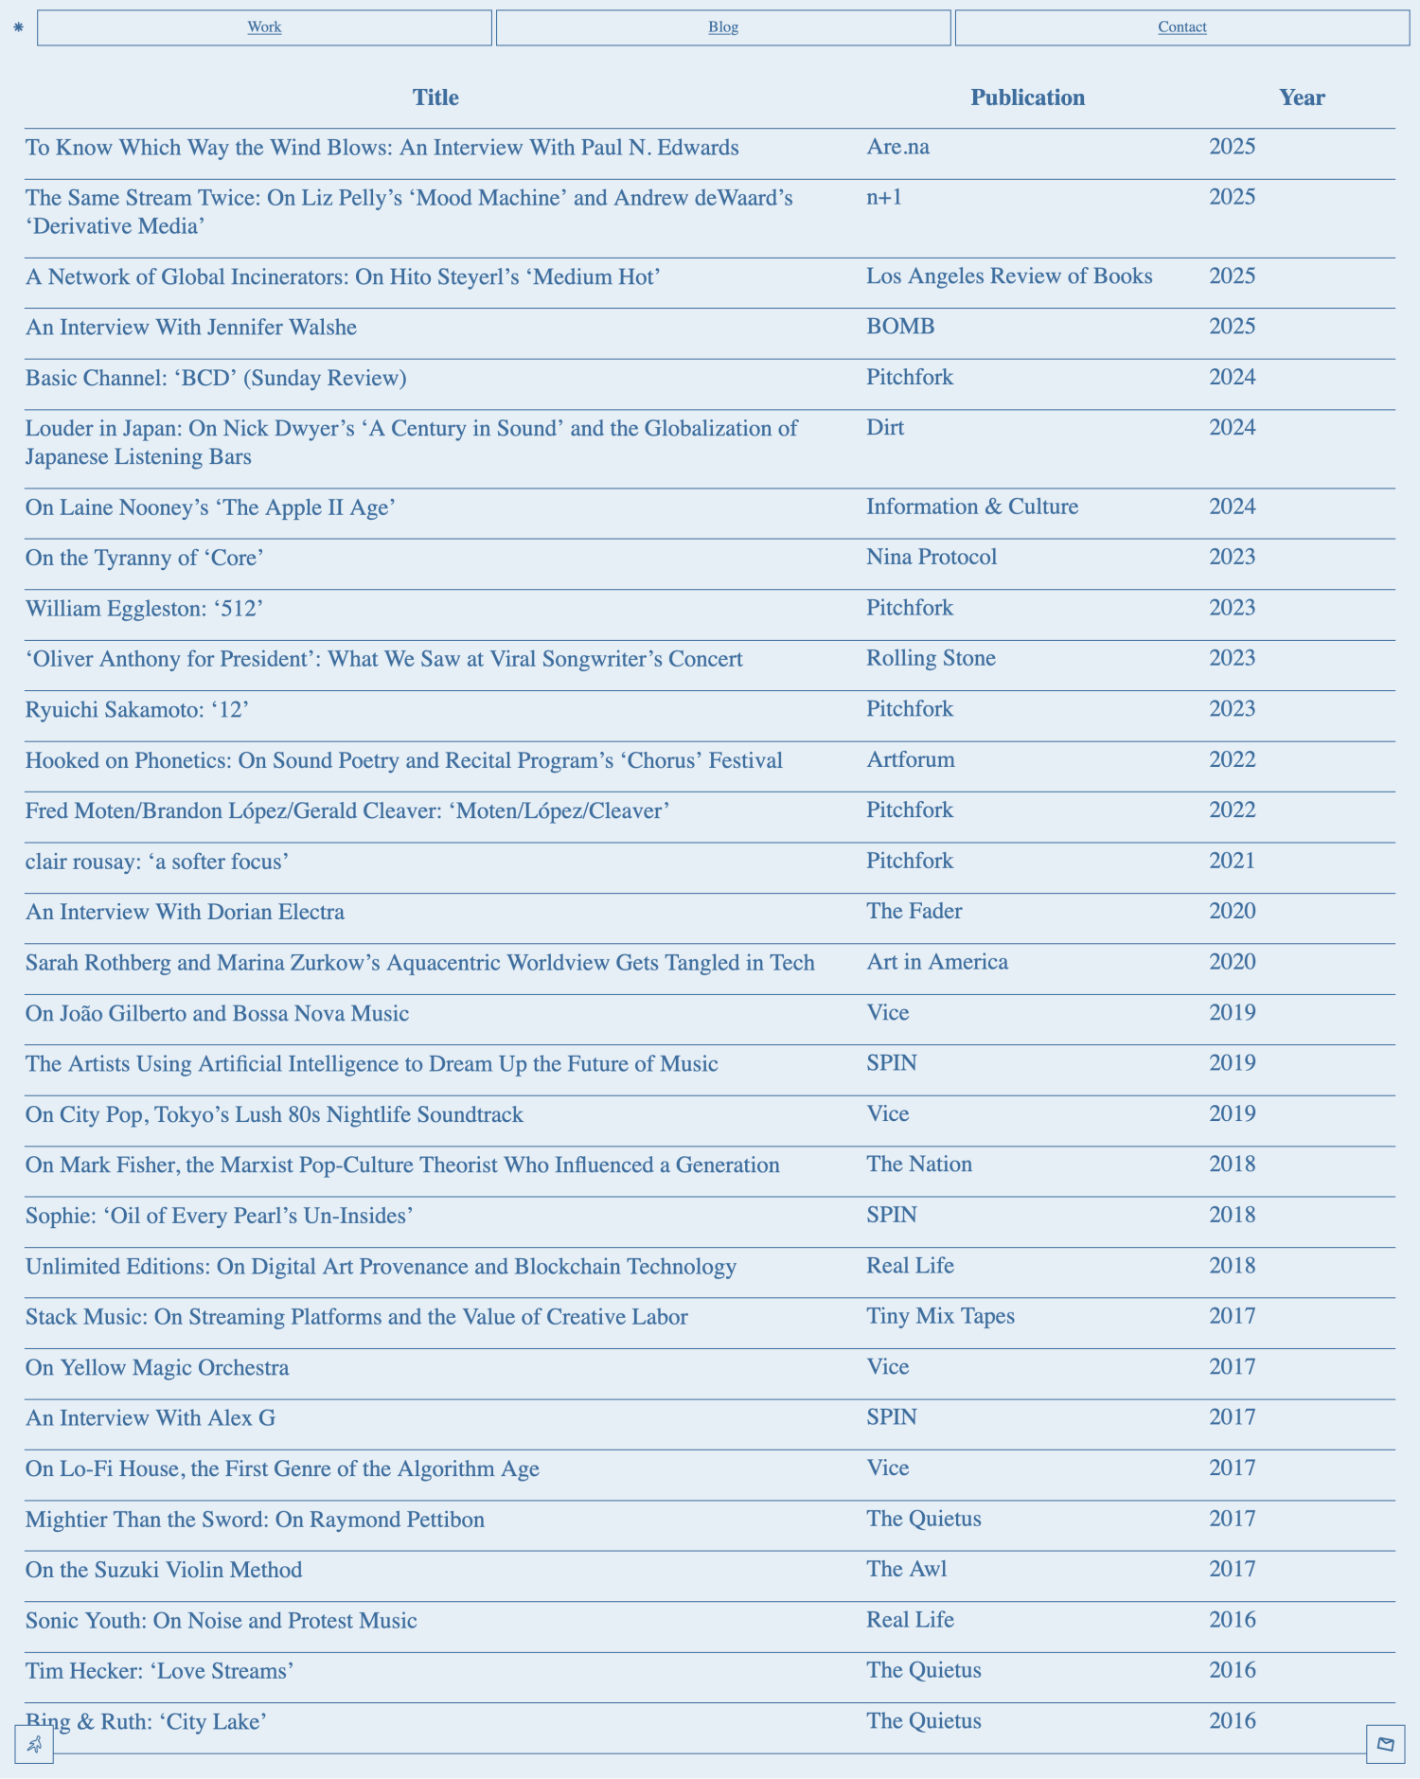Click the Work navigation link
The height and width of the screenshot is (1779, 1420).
[x=264, y=27]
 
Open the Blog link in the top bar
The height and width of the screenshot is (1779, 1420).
[x=723, y=27]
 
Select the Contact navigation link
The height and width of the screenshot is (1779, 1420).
[x=1181, y=27]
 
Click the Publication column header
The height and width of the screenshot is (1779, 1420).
[x=1027, y=98]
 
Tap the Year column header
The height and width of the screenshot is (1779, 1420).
[x=1302, y=98]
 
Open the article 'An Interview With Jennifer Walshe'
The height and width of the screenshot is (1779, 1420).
[x=191, y=328]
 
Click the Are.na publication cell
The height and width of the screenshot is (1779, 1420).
[x=897, y=147]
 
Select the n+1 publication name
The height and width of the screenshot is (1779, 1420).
[x=884, y=197]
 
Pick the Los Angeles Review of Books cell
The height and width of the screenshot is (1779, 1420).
[x=1009, y=276]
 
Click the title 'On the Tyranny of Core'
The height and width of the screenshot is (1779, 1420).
[x=144, y=558]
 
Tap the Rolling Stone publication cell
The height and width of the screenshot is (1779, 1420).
[x=931, y=658]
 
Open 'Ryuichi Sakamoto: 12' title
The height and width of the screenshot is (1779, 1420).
[x=137, y=709]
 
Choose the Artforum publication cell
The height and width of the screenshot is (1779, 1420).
[x=910, y=759]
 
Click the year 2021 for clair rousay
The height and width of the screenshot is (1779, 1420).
[x=1232, y=861]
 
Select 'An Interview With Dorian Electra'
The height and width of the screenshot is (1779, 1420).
[x=185, y=912]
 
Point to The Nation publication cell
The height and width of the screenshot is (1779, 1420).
[x=919, y=1164]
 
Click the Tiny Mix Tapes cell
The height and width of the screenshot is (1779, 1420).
[x=940, y=1316]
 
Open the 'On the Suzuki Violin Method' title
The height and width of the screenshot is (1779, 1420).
[x=164, y=1570]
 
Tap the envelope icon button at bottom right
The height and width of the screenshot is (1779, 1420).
[x=1385, y=1744]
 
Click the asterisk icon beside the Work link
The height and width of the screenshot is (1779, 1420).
[x=18, y=27]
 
